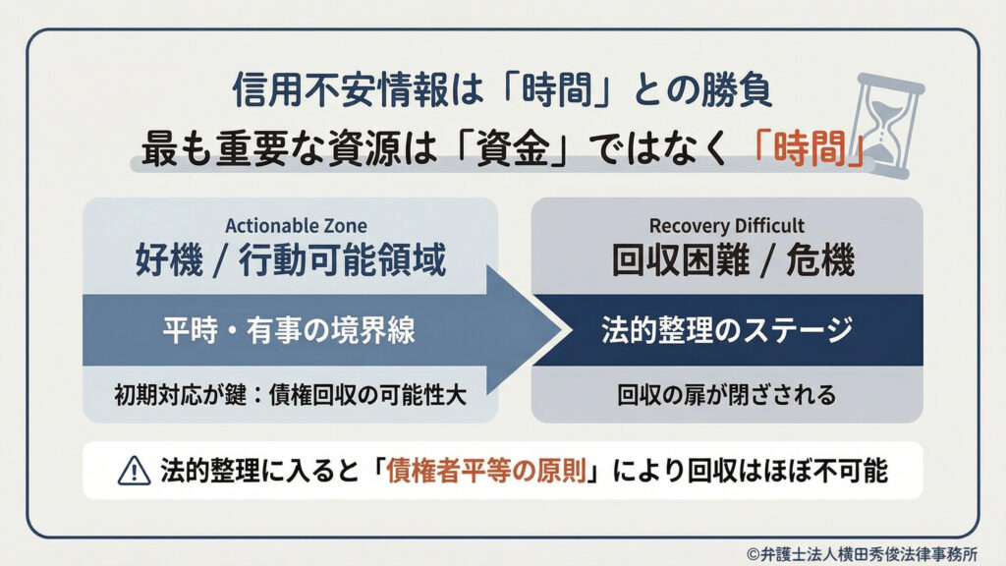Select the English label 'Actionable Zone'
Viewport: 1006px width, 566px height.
[290, 226]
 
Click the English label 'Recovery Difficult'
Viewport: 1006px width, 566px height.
[727, 226]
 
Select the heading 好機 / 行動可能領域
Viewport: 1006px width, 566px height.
[290, 260]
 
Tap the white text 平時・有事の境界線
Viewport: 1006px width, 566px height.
[289, 331]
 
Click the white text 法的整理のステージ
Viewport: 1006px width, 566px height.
[727, 331]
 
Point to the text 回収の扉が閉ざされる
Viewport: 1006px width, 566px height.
[727, 395]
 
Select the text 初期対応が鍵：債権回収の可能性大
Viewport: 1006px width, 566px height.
[289, 395]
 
